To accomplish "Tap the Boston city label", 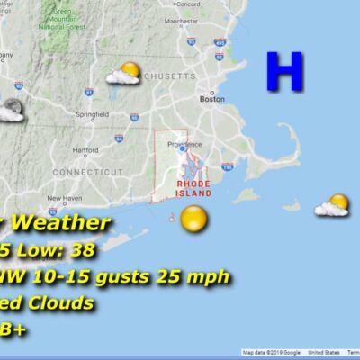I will pyautogui.click(x=211, y=99).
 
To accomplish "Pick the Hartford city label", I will pyautogui.click(x=85, y=149).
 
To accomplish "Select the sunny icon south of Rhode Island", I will pyautogui.click(x=193, y=218).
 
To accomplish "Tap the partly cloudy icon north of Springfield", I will pyautogui.click(x=125, y=73).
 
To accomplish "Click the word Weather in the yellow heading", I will pyautogui.click(x=62, y=223).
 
